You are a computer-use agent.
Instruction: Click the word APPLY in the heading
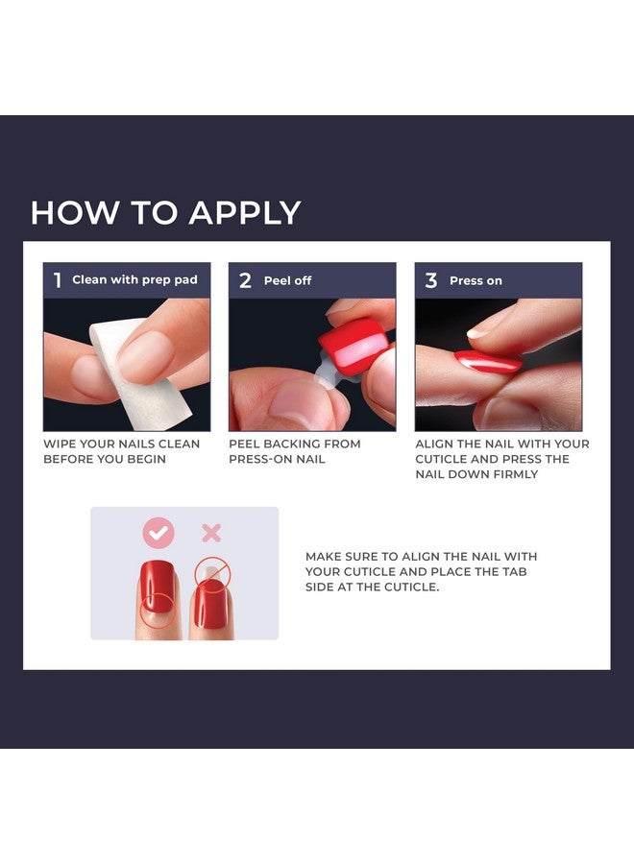pos(245,213)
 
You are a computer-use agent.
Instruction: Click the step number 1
pos(58,280)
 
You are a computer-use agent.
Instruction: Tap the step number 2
pos(245,280)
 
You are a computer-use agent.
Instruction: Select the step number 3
pos(431,280)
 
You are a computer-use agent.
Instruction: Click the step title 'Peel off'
pos(288,281)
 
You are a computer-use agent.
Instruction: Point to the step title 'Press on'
pos(475,281)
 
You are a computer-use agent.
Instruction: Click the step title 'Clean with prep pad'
pos(134,280)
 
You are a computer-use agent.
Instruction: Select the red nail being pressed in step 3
pos(488,361)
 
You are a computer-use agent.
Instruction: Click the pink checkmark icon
pos(158,533)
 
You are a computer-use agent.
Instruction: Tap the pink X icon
pos(211,533)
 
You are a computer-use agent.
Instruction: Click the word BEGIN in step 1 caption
pos(148,460)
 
